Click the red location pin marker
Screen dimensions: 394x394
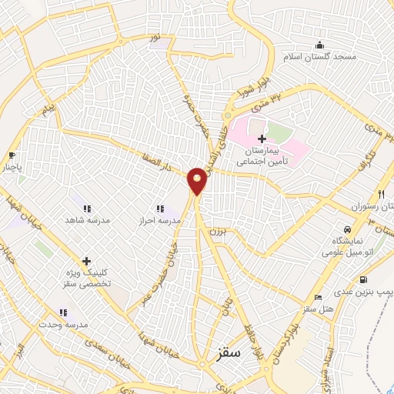tap(198, 182)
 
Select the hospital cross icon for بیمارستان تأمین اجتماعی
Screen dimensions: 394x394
tap(262, 139)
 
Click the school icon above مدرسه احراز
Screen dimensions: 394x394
tap(160, 209)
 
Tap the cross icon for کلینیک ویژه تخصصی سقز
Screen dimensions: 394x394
tap(86, 261)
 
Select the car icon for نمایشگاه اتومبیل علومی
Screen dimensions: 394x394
tap(348, 230)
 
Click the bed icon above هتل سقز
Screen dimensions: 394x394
tap(318, 298)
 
